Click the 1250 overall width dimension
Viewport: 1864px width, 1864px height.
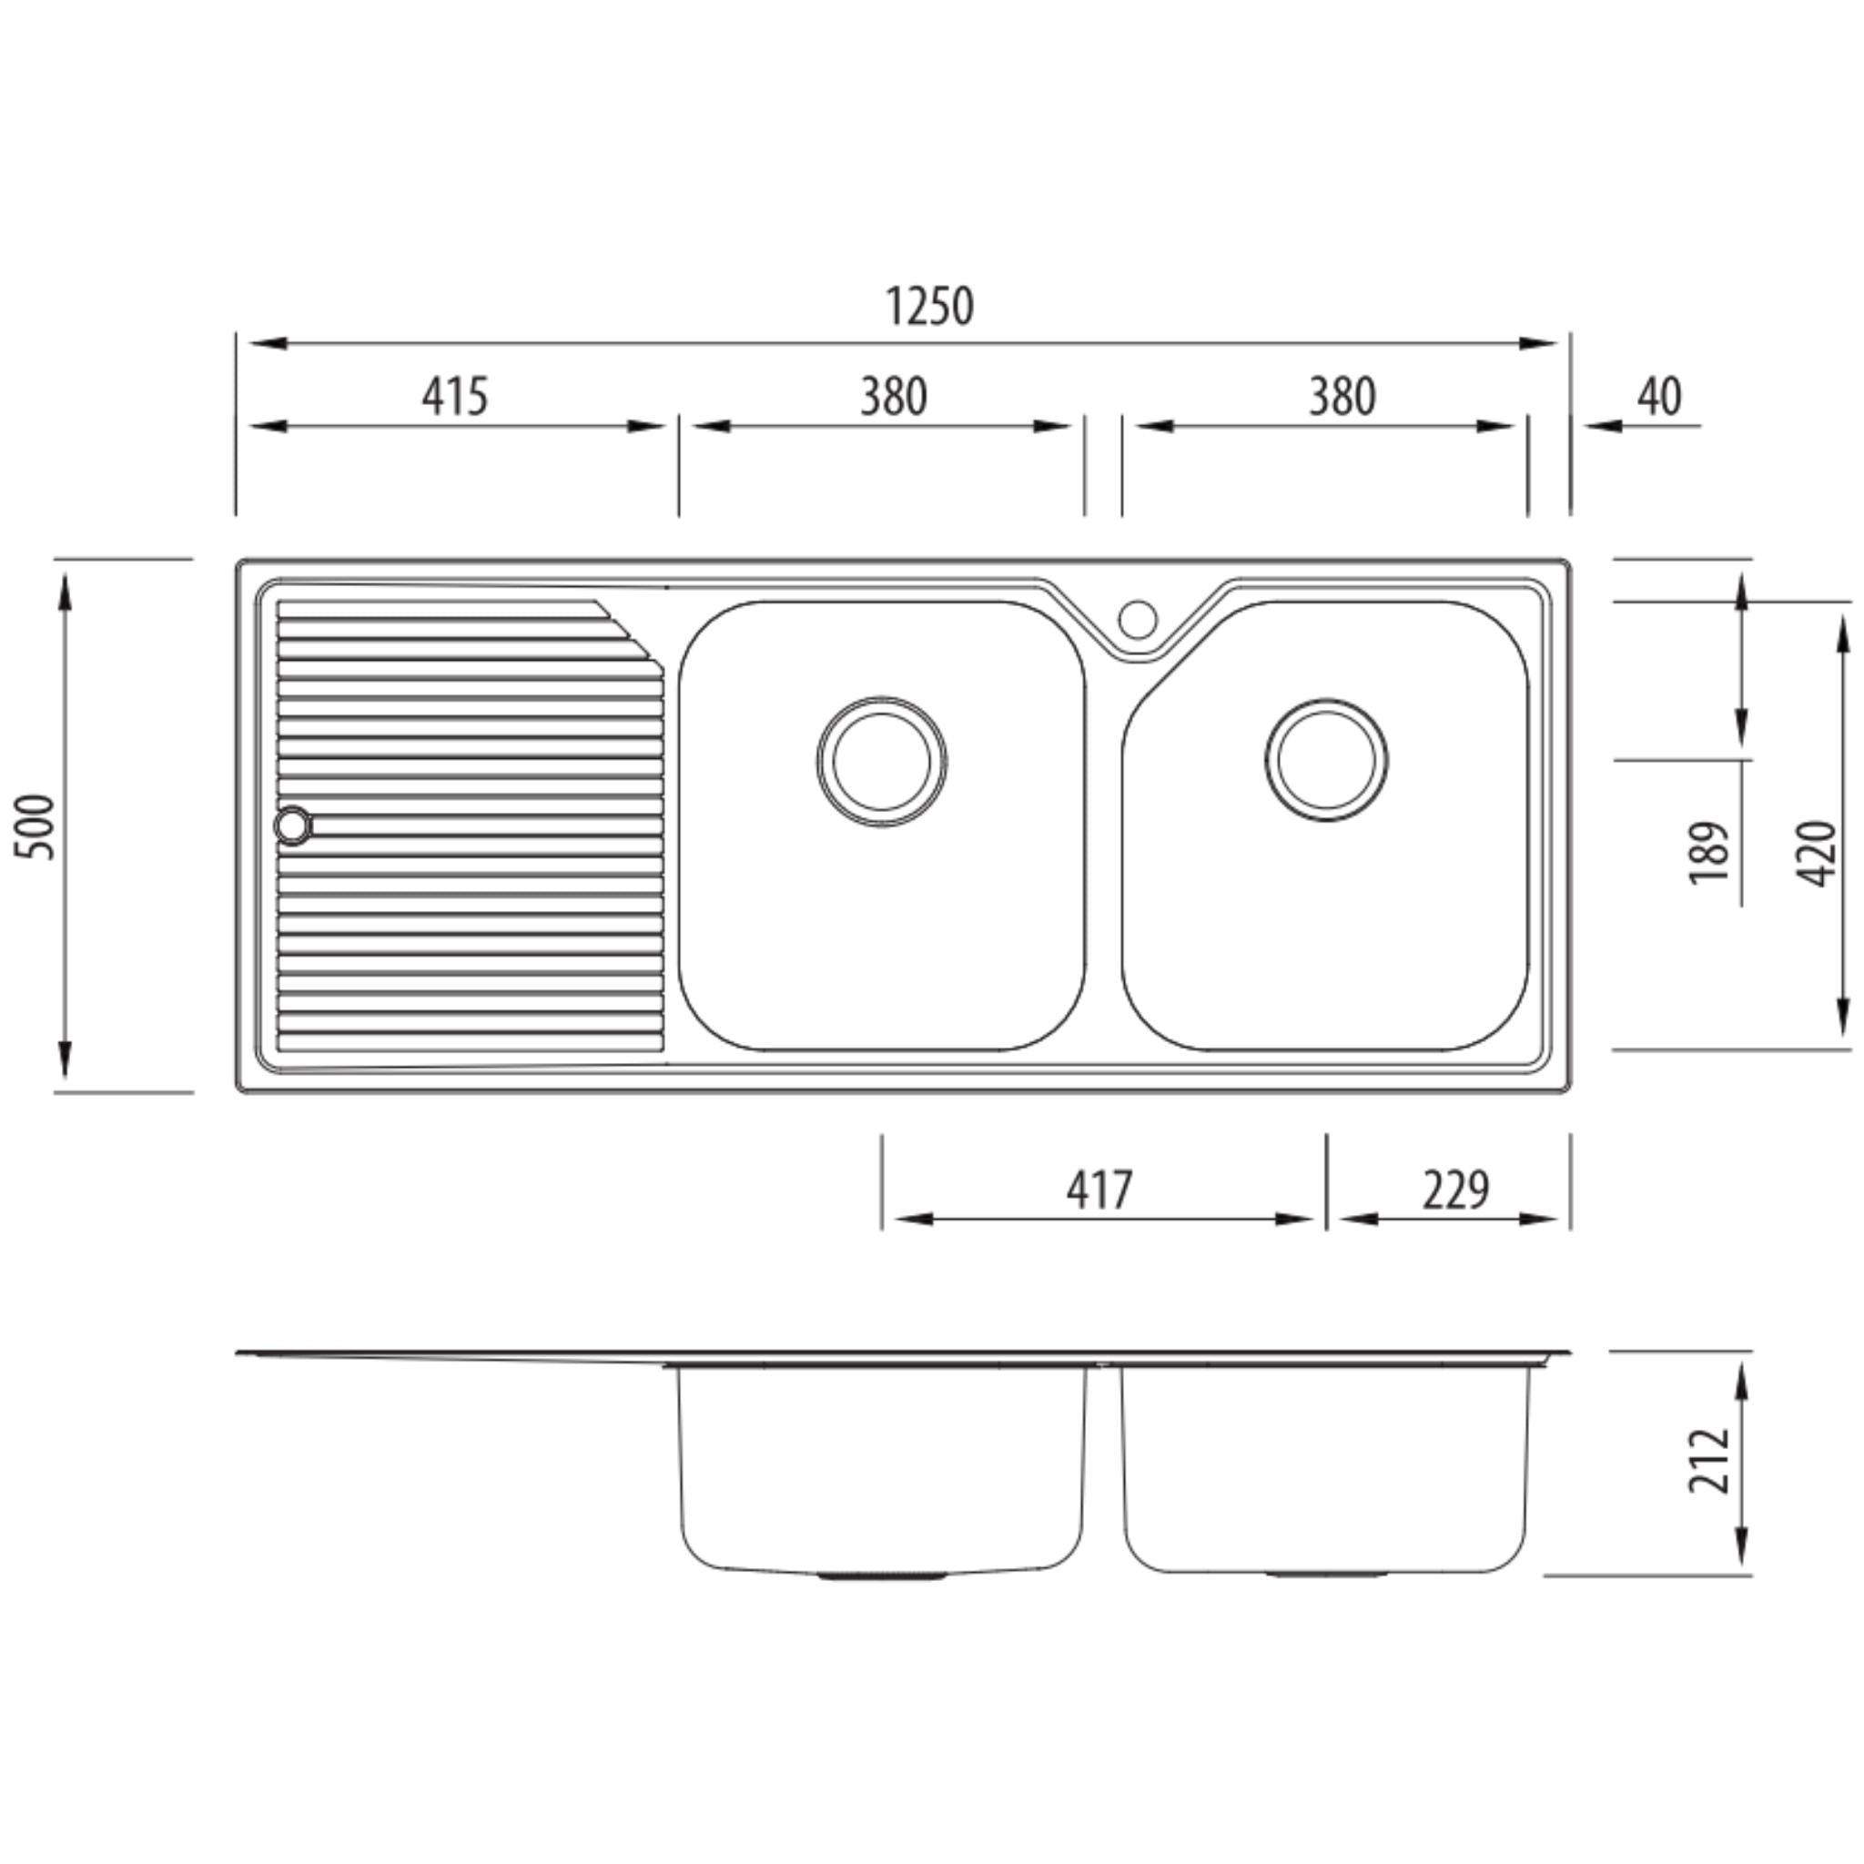click(x=929, y=307)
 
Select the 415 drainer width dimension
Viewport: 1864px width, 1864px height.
click(x=454, y=396)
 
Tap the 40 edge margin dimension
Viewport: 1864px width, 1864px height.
click(x=1658, y=396)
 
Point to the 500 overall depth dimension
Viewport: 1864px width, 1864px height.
click(x=36, y=826)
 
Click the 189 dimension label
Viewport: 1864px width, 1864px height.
click(x=1708, y=852)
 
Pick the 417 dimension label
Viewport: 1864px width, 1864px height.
click(x=1099, y=1190)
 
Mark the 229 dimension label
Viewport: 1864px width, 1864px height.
click(x=1455, y=1190)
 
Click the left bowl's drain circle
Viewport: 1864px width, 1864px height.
click(x=881, y=761)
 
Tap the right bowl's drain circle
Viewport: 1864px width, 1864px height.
click(x=1325, y=760)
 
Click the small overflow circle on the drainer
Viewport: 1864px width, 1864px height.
click(x=292, y=826)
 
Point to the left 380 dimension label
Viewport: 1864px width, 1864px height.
click(x=894, y=396)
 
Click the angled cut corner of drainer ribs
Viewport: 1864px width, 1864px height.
click(x=629, y=633)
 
